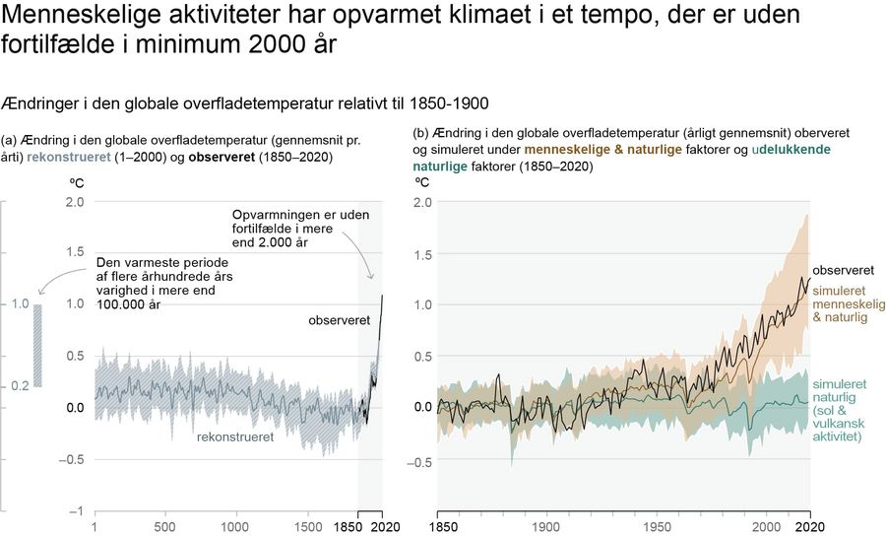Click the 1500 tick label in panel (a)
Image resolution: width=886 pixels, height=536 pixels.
point(309,527)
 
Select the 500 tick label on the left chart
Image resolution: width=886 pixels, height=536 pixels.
point(165,527)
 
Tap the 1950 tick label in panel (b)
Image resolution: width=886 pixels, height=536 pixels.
point(657,527)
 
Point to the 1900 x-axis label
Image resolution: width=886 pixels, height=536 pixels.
point(545,527)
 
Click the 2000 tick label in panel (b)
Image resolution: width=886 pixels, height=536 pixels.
point(767,527)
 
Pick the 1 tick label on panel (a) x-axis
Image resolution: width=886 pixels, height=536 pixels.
point(95,527)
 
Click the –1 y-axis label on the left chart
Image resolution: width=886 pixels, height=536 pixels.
point(75,511)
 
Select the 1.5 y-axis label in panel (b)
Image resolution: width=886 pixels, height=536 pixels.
point(422,254)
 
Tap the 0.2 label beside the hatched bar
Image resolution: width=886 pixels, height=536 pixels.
point(21,386)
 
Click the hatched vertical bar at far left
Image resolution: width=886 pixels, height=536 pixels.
point(37,346)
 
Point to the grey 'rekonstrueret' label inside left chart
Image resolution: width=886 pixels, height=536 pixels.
point(235,437)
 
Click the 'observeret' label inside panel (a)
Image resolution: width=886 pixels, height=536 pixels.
point(340,320)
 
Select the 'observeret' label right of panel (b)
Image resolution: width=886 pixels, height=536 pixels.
point(843,270)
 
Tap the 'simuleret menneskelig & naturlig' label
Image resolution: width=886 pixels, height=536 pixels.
point(849,303)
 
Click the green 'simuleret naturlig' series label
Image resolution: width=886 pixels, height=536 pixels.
point(840,410)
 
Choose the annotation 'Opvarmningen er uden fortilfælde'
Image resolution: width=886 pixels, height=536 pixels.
point(300,229)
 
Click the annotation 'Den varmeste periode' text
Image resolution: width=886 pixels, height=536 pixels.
point(164,283)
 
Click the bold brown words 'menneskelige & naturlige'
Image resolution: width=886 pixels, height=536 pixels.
point(603,150)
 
